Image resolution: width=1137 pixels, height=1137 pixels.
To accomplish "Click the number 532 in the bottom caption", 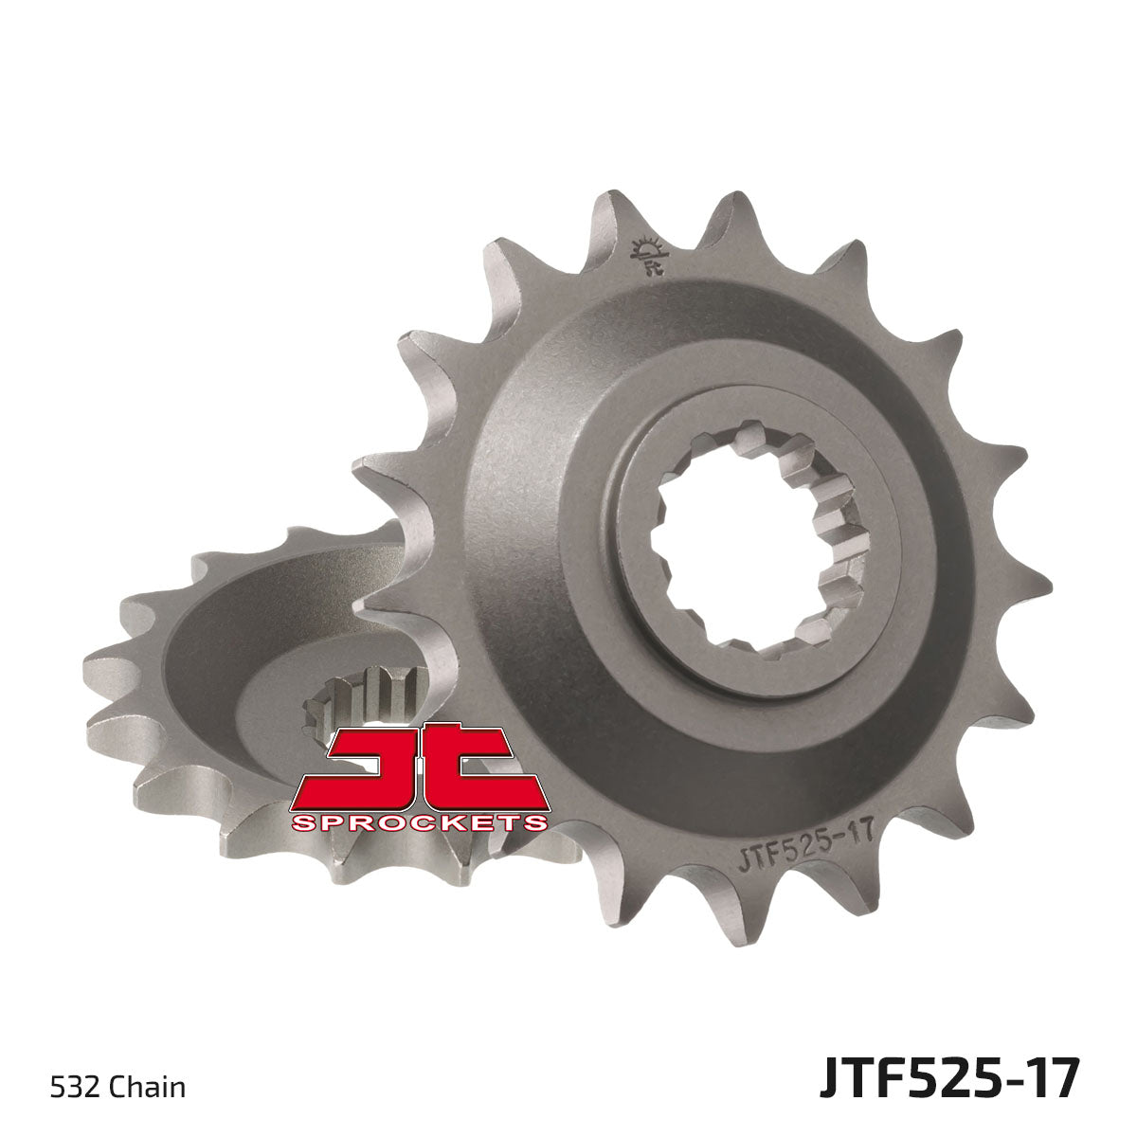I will coord(67,1086).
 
